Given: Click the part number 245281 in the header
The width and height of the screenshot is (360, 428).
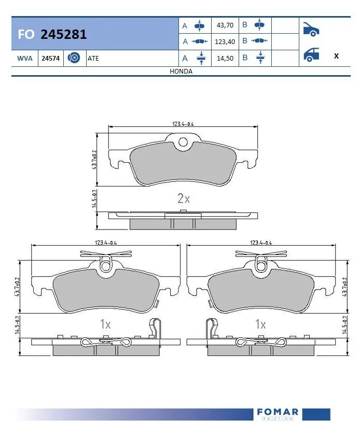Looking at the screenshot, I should [63, 34].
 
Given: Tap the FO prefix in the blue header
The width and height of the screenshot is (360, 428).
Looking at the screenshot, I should [26, 34].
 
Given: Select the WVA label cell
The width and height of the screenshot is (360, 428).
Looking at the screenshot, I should [25, 59].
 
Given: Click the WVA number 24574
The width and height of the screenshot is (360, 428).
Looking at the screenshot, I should [50, 59].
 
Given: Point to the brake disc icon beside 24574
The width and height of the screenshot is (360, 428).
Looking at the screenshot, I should [74, 59].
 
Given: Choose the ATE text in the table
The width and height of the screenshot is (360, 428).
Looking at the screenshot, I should [93, 59].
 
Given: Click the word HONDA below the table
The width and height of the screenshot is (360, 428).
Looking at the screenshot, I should [181, 72].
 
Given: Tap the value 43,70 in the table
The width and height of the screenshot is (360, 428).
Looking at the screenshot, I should [224, 25].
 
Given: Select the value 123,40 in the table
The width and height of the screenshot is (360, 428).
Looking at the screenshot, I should [224, 41].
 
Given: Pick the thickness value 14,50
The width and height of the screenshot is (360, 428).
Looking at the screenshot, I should [224, 58].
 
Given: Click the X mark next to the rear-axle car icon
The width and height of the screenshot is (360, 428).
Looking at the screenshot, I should [336, 56].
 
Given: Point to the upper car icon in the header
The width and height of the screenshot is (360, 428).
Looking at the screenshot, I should [310, 29].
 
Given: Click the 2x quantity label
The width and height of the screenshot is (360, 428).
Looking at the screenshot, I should [184, 198].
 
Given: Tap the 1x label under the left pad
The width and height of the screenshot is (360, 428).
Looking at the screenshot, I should [105, 325].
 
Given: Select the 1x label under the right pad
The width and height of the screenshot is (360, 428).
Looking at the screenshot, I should [260, 325].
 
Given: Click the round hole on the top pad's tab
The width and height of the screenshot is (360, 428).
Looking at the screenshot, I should [183, 142].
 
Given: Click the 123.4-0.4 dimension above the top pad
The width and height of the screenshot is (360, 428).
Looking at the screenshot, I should [183, 124].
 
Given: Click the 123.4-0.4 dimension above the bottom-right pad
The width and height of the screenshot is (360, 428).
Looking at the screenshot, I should [261, 242].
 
